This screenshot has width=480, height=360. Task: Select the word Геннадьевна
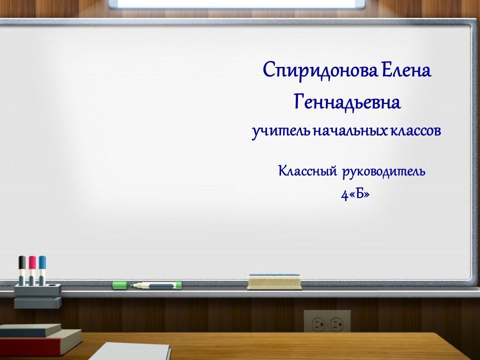click(347, 103)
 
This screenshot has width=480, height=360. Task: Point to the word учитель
click(281, 132)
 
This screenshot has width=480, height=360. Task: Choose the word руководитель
click(383, 172)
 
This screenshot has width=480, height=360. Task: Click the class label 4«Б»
click(355, 194)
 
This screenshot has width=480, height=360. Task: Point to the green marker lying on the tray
click(155, 285)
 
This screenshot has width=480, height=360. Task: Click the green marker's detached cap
click(119, 285)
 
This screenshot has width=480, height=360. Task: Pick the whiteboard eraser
click(274, 281)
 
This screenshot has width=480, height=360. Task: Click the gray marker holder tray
click(37, 295)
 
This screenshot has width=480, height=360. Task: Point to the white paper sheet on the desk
click(134, 351)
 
